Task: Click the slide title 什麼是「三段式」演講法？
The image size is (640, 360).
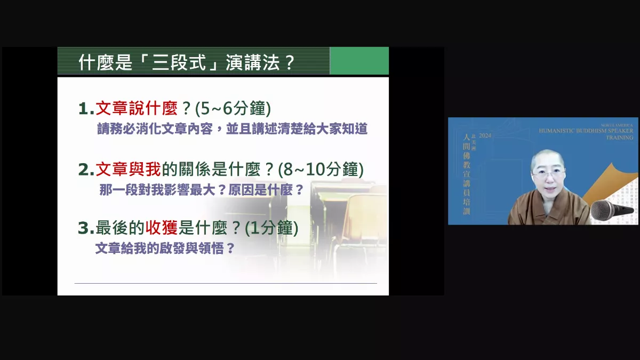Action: pyautogui.click(x=187, y=62)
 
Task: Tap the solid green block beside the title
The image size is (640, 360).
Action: pyautogui.click(x=359, y=61)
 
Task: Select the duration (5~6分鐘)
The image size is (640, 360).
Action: pyautogui.click(x=233, y=109)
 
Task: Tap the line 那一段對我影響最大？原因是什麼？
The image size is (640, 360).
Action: pyautogui.click(x=202, y=190)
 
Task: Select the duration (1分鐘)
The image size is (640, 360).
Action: pyautogui.click(x=271, y=228)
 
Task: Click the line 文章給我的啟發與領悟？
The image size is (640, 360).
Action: pyautogui.click(x=165, y=249)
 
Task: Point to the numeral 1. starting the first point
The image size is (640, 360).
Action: pyautogui.click(x=86, y=109)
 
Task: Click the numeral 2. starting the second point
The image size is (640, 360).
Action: pyautogui.click(x=86, y=170)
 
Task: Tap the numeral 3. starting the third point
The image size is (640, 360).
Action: pyautogui.click(x=86, y=228)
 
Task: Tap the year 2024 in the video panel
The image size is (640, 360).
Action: pyautogui.click(x=485, y=137)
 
